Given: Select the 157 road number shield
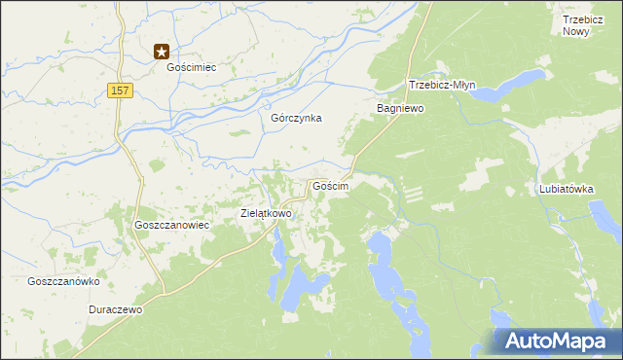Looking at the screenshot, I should (119, 90).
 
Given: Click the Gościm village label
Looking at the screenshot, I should (329, 185).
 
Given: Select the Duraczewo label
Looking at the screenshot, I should (116, 309).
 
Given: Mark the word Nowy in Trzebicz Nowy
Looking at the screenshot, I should (583, 31).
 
